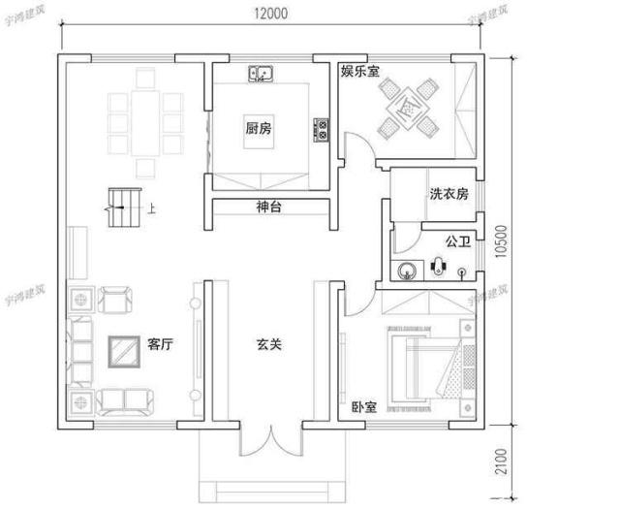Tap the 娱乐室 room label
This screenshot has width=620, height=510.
(x=359, y=72)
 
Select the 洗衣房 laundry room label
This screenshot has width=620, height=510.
(x=449, y=194)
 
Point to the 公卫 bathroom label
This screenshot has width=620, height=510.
(x=458, y=239)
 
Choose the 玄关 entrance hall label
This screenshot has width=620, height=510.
(x=268, y=344)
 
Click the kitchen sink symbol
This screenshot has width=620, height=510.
(x=261, y=74)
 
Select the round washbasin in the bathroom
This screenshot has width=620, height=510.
(x=405, y=269)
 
